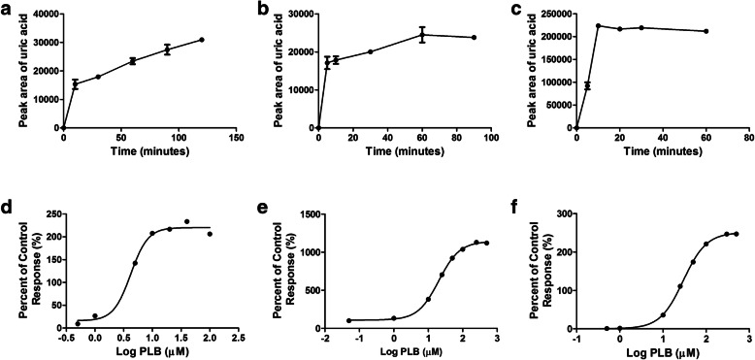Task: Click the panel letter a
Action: coord(9,8)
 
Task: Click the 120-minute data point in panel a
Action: coord(202,40)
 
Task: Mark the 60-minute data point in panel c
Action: coord(706,31)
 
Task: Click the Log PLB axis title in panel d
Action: coord(149,353)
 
